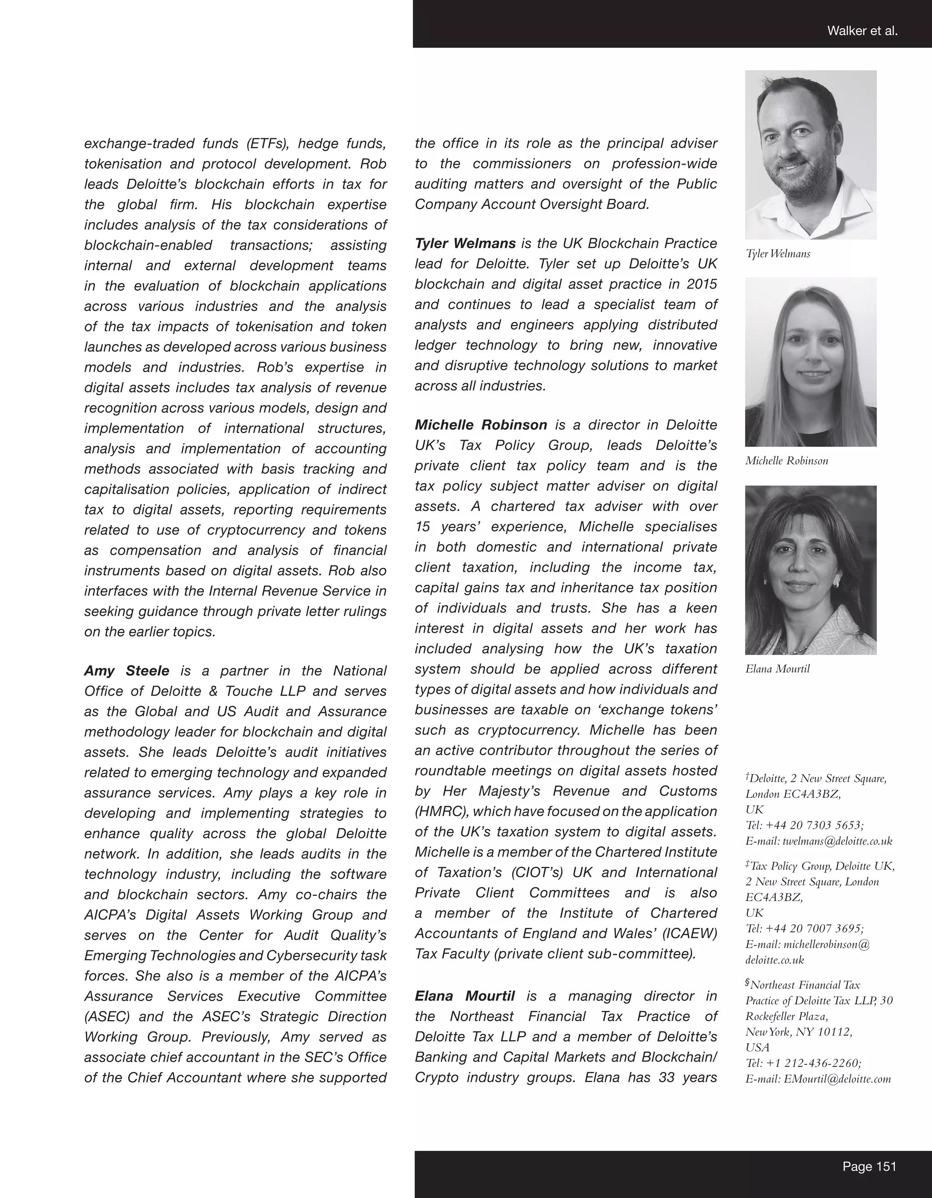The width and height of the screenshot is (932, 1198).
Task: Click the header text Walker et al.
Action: [x=862, y=31]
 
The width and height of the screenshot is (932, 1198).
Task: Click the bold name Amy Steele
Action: [x=127, y=671]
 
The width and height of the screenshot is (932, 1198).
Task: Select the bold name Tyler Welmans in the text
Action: [x=465, y=243]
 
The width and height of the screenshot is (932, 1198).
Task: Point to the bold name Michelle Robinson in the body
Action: [x=481, y=425]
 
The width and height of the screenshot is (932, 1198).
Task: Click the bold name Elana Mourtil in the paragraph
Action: [x=465, y=996]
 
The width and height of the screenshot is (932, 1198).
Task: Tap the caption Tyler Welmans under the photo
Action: [x=778, y=254]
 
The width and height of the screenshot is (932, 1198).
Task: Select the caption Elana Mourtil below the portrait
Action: [x=777, y=669]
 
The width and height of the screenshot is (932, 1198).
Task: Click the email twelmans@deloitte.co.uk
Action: [x=837, y=841]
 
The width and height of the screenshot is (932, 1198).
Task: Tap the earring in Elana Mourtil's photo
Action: [x=836, y=585]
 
